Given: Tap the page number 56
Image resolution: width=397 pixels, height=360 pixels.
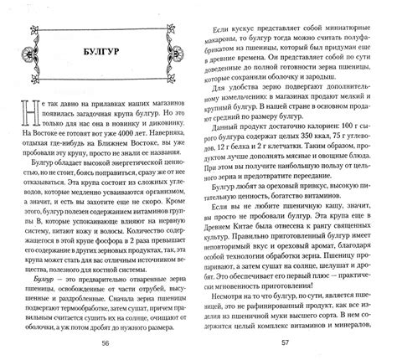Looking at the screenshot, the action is pyautogui.click(x=105, y=343).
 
